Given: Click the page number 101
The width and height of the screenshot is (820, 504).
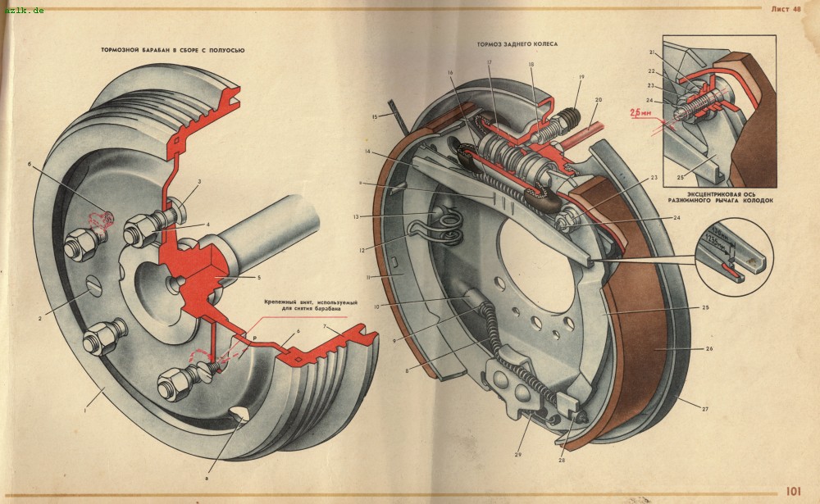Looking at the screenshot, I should (x=793, y=492).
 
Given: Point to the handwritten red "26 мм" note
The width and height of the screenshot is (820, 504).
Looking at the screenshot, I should (x=640, y=112).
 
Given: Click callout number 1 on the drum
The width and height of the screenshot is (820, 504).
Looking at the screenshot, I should (x=84, y=411).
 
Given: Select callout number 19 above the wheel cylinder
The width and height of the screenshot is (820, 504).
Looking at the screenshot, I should (x=581, y=78).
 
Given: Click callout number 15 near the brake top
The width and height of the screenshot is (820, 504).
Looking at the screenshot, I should (x=375, y=117).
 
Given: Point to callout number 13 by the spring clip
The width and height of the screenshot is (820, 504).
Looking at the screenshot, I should (x=380, y=217).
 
